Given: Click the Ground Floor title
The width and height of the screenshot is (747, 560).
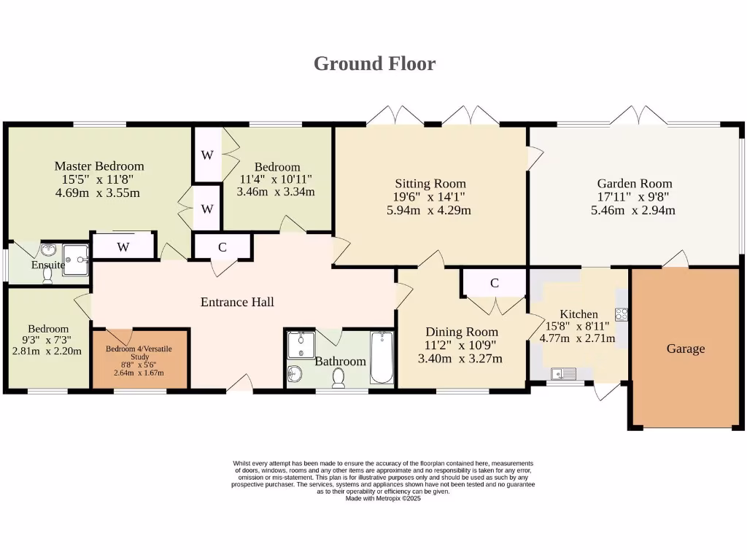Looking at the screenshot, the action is click(x=374, y=64).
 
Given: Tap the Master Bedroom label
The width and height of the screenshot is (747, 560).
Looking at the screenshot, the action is click(x=99, y=166).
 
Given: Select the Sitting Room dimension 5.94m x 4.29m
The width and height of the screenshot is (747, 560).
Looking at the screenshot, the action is click(x=429, y=210).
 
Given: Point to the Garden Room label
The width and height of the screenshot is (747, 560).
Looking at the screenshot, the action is click(x=635, y=183).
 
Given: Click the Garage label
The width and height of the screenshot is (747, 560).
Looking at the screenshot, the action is click(x=686, y=349).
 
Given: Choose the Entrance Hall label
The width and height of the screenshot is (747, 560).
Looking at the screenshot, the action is click(x=237, y=302).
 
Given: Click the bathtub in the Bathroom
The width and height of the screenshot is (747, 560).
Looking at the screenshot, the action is click(x=382, y=357).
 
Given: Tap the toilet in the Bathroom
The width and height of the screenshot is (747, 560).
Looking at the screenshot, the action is click(x=338, y=378).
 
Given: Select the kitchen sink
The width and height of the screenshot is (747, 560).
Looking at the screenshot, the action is click(x=564, y=374).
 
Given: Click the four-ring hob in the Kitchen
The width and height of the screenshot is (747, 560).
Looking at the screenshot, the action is click(x=622, y=314).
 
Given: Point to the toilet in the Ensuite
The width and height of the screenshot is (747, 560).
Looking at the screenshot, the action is click(x=47, y=275).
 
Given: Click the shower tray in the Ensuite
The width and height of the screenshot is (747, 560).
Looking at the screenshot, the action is click(x=76, y=260).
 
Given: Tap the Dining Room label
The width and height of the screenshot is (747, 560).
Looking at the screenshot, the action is click(x=462, y=332).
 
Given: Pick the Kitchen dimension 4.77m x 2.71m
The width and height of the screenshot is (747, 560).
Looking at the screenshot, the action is click(x=577, y=338).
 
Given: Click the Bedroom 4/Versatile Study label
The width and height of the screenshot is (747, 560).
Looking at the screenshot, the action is click(x=139, y=352).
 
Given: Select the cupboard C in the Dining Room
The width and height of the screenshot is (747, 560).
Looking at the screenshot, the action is click(x=495, y=284).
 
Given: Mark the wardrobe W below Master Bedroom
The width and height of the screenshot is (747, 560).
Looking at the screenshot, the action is click(x=123, y=246).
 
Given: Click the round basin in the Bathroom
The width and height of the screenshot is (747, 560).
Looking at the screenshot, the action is click(x=295, y=374).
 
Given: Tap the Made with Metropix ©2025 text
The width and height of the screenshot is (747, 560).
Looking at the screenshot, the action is click(x=383, y=499).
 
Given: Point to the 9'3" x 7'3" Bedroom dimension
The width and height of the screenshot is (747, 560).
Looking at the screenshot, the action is click(x=47, y=340).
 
